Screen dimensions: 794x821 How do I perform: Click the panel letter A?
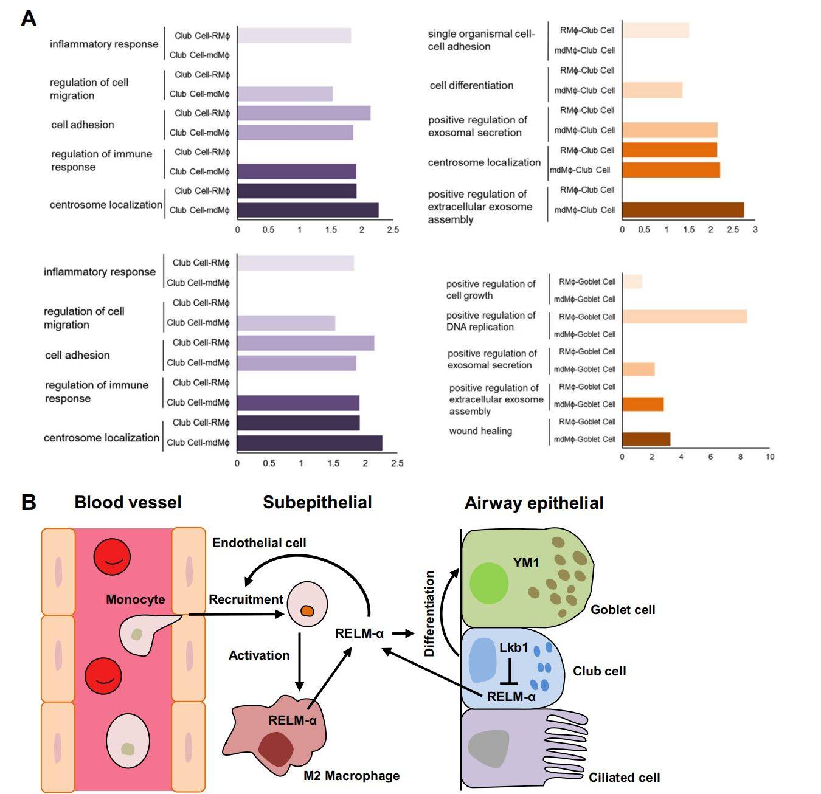28,19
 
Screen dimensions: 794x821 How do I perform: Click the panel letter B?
28,503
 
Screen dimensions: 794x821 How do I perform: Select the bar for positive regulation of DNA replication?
684,317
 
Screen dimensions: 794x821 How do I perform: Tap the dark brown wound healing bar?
645,439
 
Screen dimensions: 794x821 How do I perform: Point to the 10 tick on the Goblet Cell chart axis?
769,457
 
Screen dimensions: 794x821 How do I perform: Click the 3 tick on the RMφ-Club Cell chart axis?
755,230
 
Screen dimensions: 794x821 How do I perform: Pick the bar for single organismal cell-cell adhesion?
655,30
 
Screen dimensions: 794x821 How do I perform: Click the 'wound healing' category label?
480,431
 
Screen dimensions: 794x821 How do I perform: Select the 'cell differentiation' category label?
471,86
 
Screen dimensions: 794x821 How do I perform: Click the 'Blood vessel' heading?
128,503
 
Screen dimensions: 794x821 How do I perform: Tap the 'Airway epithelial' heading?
533,503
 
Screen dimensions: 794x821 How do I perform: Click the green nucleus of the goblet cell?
489,583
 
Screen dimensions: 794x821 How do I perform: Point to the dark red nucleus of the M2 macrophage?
275,750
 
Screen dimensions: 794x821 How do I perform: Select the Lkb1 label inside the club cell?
513,647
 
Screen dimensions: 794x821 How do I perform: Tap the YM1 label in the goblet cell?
525,563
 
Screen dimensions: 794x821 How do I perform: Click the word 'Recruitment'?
246,599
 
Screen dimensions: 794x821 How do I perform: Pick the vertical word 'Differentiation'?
429,613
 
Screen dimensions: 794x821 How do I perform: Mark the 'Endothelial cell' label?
259,543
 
